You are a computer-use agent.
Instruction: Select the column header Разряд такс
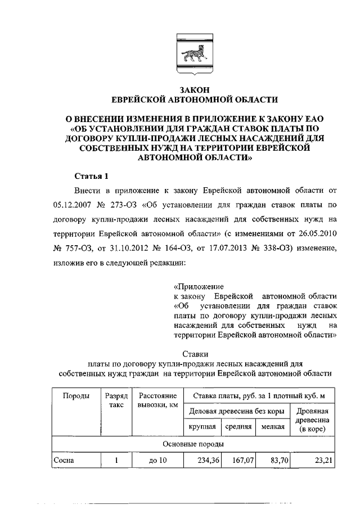pos(116,401)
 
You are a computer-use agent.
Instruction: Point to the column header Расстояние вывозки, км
pos(158,401)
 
